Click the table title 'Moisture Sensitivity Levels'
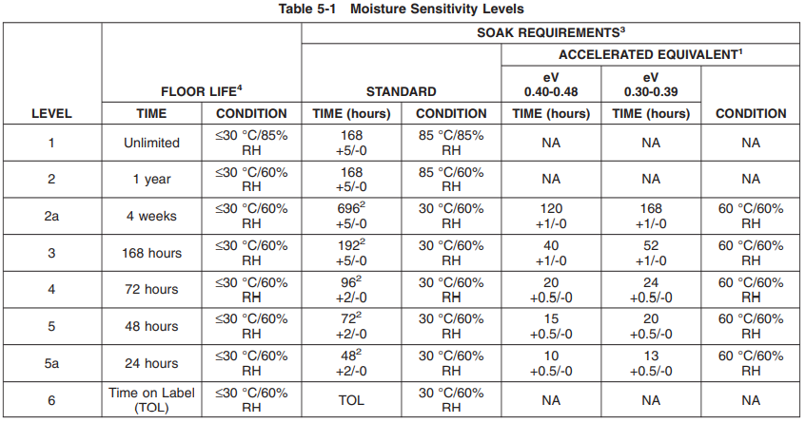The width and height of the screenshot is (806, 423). tap(437, 9)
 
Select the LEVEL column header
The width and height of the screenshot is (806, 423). tap(51, 113)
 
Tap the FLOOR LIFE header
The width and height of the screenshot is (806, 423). tap(202, 91)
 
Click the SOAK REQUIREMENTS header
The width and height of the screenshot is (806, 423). tap(551, 32)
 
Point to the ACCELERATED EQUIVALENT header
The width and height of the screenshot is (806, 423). tap(651, 54)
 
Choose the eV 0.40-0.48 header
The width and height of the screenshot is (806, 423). tap(551, 85)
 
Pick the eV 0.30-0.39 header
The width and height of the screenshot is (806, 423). tap(651, 85)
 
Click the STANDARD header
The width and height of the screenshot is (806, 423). tap(401, 91)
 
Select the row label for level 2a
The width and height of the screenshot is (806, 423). tap(51, 216)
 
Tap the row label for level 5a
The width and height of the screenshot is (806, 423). tap(51, 363)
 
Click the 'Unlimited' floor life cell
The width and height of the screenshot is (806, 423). tap(151, 143)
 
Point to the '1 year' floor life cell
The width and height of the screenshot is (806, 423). tap(151, 179)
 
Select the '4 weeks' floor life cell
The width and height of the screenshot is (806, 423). tap(151, 216)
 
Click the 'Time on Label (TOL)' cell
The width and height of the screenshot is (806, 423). tap(151, 400)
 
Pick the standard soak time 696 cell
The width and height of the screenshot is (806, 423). tap(351, 216)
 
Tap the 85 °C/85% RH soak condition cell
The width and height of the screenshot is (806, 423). tap(451, 143)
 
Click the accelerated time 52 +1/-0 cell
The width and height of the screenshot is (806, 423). tap(651, 253)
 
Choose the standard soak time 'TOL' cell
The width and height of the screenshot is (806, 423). tap(351, 400)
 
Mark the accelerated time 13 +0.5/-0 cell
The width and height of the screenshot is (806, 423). tap(651, 363)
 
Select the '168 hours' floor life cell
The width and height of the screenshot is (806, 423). tap(151, 253)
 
